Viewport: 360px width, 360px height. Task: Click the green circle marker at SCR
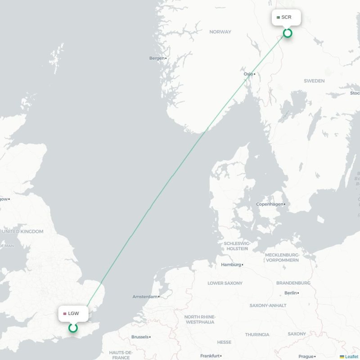[x=288, y=33]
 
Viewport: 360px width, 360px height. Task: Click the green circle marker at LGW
[x=73, y=328]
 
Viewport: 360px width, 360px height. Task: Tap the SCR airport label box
[x=286, y=18]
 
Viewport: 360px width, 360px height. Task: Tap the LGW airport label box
[x=73, y=313]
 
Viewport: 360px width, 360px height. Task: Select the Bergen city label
[x=157, y=58]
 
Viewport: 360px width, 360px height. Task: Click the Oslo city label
[x=248, y=74]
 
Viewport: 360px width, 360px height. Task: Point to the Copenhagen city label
[x=270, y=204]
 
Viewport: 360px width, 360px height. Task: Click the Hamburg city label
[x=231, y=265]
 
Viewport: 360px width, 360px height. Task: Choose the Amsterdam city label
[x=145, y=297]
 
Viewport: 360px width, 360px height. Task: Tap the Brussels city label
[x=139, y=337]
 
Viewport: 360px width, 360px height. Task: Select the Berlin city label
[x=290, y=293]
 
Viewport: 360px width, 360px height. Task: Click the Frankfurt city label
[x=210, y=355]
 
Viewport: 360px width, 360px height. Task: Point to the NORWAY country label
[x=220, y=32]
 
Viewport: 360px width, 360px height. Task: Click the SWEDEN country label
[x=314, y=81]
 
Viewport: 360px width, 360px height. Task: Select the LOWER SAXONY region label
[x=225, y=283]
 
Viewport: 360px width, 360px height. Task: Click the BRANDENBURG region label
[x=293, y=283]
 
